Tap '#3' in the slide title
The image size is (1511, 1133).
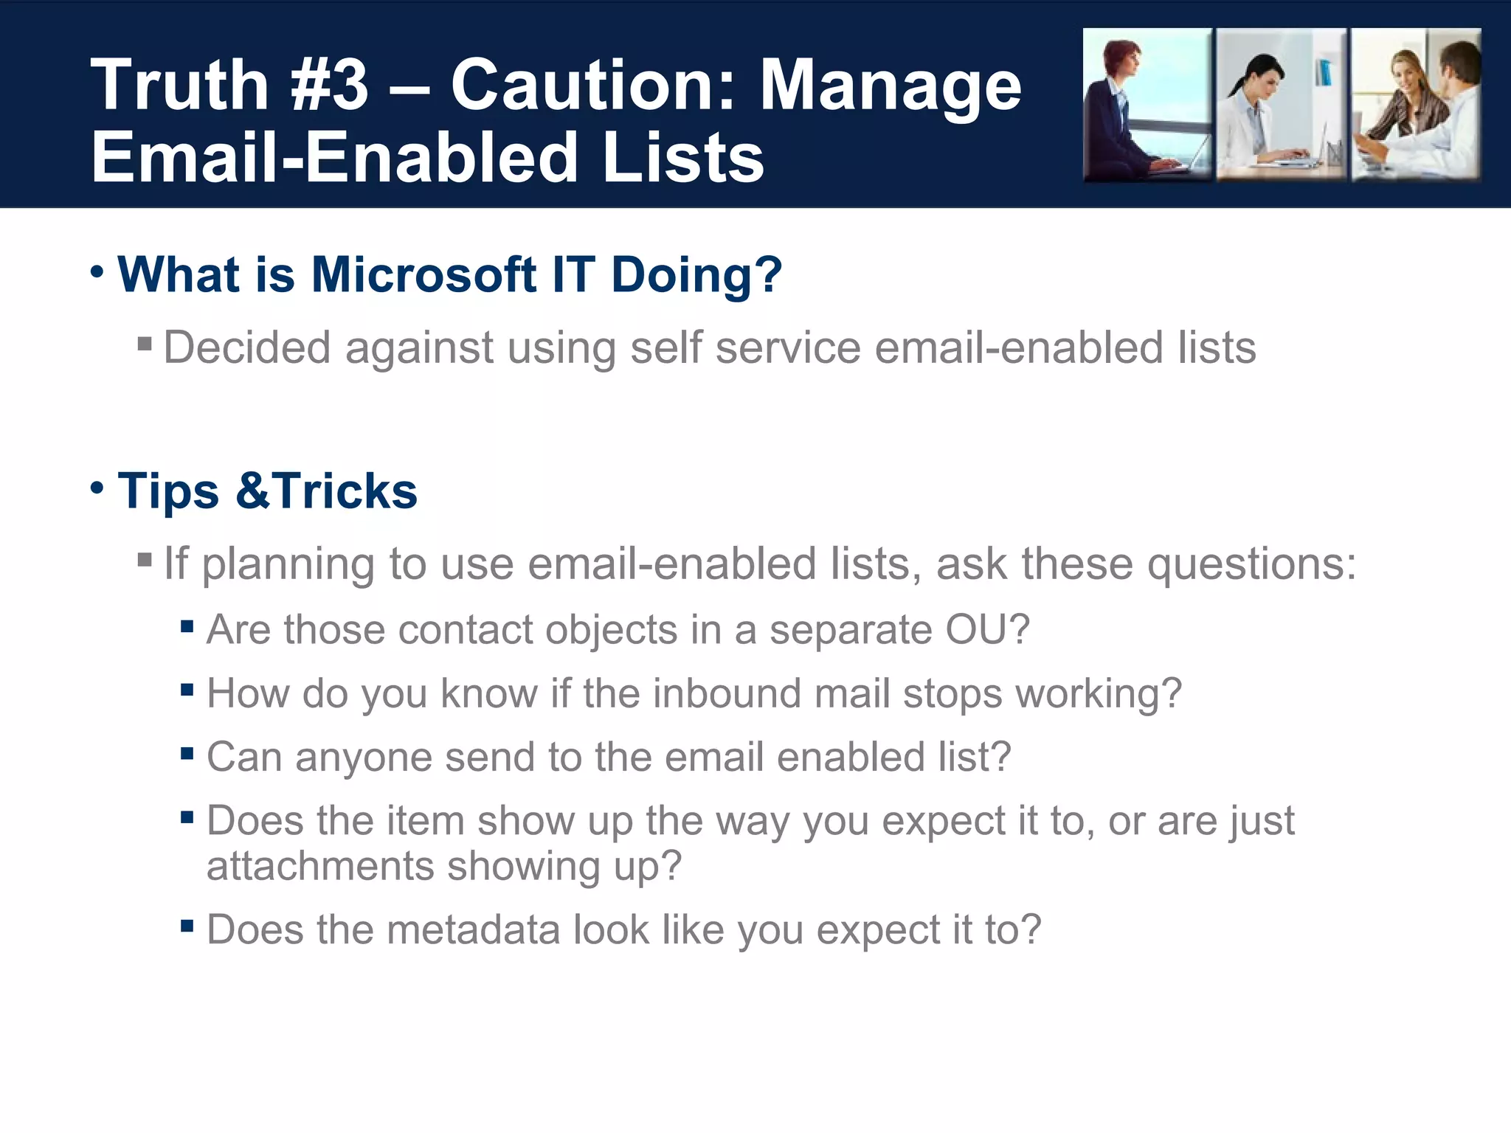point(329,86)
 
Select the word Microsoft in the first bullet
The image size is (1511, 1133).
point(423,274)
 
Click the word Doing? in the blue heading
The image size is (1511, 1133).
point(696,274)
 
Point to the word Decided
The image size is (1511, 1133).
point(246,347)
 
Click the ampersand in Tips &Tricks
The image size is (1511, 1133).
point(254,491)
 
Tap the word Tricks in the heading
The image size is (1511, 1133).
point(345,491)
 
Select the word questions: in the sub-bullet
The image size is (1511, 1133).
point(1251,564)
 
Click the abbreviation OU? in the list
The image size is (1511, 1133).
point(987,630)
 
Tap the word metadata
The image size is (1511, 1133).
point(473,929)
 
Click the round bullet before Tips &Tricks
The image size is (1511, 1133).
point(97,488)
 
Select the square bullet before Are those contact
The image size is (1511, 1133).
point(187,627)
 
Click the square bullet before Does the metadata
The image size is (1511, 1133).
point(187,925)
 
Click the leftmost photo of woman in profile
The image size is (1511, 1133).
point(1147,105)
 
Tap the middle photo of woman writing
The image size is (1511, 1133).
point(1281,105)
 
